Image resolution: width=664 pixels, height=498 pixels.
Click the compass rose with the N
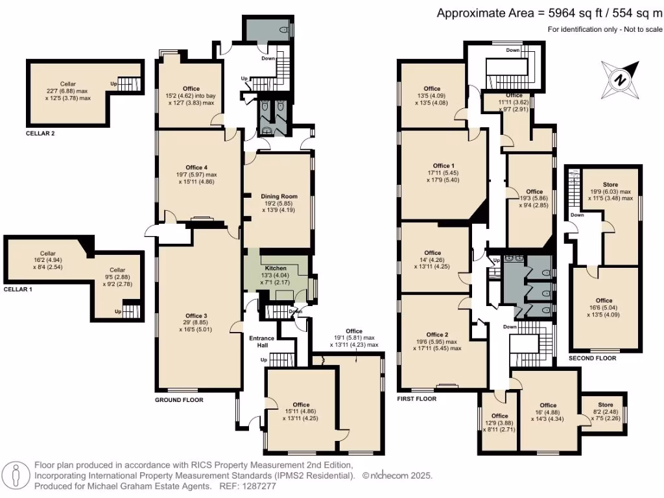[x=621, y=79]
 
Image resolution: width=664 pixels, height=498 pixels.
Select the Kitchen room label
[x=277, y=268]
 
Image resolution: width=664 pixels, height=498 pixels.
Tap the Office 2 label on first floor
[x=436, y=335]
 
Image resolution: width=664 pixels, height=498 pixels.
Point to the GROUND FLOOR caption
[x=178, y=400]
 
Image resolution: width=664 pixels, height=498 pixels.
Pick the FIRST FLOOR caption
[x=416, y=399]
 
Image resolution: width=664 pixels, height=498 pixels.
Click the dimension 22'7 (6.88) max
[x=68, y=91]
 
